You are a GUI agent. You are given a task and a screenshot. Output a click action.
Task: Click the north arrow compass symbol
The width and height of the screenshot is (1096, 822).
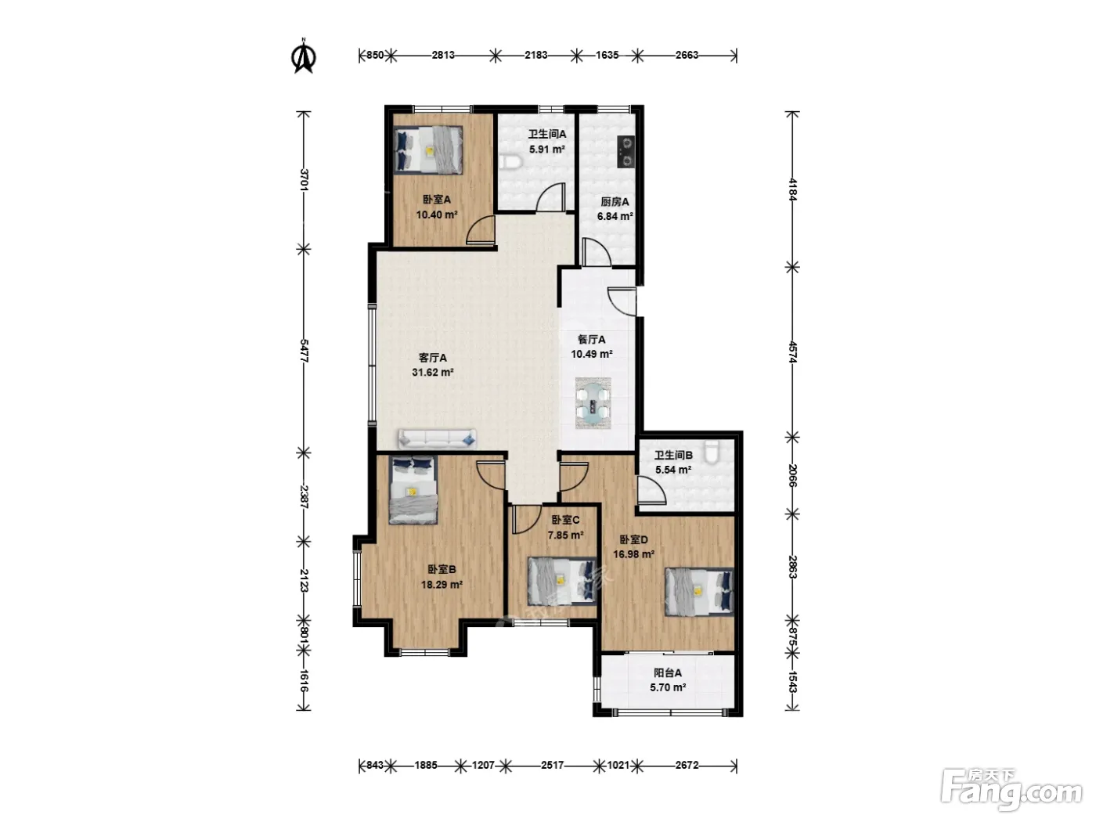[303, 56]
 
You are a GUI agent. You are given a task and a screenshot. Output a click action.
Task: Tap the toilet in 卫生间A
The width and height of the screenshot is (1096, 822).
[510, 162]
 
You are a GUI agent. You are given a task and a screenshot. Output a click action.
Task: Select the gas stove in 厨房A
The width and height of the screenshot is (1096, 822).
[626, 151]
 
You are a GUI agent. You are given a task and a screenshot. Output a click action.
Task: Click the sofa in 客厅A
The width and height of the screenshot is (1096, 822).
[437, 439]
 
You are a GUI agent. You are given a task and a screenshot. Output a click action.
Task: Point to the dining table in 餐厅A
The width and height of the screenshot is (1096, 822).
[593, 403]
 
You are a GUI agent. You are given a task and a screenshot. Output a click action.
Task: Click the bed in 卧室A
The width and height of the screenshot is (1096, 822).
[428, 150]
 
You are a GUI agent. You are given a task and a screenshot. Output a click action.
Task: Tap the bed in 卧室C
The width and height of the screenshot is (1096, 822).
[562, 582]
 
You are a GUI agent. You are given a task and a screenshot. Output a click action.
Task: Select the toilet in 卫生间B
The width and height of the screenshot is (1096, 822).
[712, 452]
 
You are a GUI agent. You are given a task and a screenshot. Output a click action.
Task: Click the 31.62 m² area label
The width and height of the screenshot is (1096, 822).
[432, 373]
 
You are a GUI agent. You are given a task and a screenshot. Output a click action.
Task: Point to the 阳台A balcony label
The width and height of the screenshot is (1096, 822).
[668, 672]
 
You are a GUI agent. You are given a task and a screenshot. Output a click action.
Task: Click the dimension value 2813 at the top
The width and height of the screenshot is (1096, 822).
[443, 55]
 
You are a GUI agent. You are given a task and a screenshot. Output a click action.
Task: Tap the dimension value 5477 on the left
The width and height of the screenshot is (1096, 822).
[304, 351]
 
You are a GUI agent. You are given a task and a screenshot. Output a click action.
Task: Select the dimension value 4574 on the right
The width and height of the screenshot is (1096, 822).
[792, 352]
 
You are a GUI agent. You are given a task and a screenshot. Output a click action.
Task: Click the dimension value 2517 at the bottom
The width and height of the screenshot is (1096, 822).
[552, 765]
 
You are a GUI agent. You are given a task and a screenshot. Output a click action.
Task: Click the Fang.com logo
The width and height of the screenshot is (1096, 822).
[1011, 791]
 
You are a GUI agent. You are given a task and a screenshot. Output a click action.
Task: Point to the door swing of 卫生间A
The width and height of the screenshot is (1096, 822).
[551, 196]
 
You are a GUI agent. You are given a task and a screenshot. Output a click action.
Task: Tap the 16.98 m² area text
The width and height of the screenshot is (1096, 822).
[633, 554]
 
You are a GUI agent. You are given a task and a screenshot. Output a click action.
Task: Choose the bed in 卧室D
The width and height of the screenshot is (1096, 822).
[699, 592]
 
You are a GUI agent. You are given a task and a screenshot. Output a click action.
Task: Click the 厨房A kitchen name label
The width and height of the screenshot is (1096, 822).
[615, 202]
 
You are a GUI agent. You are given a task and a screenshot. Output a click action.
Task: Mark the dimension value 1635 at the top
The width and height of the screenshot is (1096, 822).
[607, 55]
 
